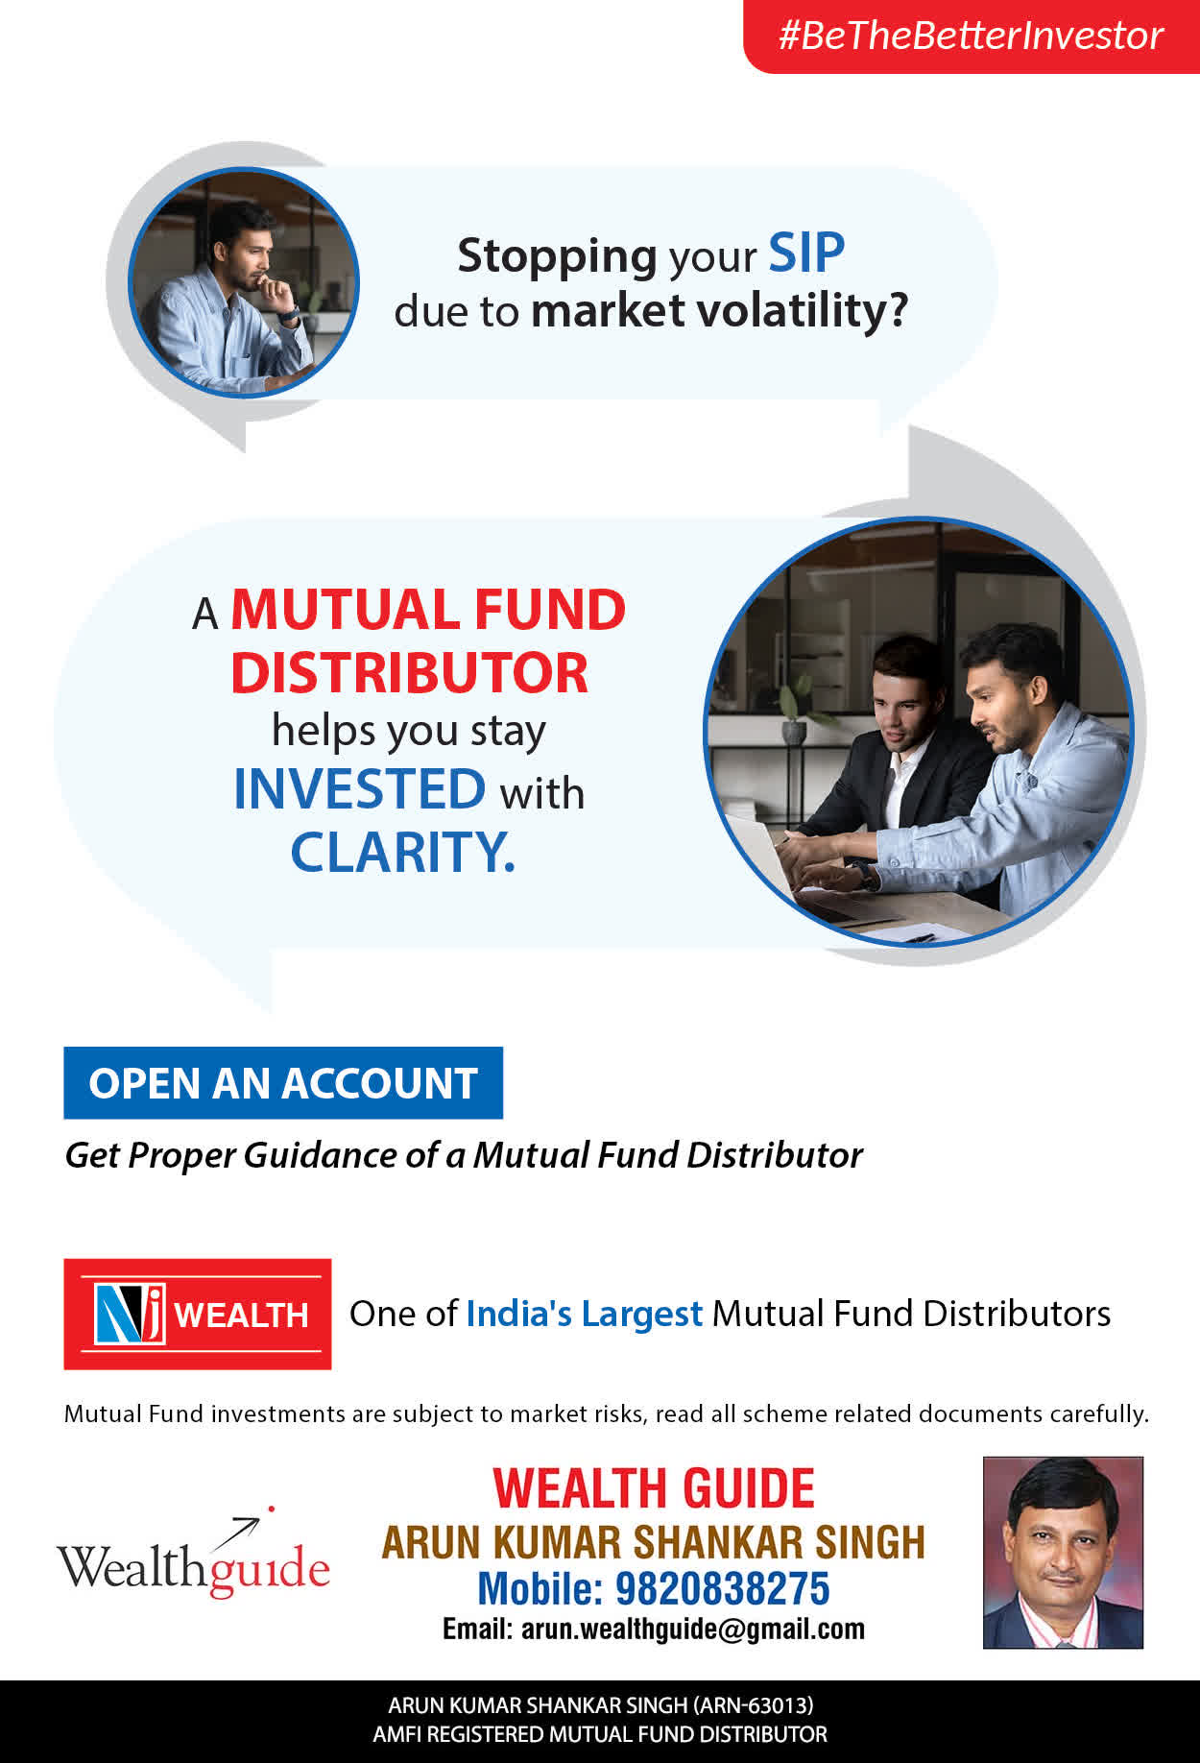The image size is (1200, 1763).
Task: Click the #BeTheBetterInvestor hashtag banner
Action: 972,36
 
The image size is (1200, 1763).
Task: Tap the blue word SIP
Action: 806,254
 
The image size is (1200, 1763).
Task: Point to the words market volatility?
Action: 719,310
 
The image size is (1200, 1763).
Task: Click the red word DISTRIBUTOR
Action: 409,672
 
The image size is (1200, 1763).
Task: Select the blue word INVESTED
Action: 360,789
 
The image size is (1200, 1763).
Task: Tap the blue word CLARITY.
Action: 402,852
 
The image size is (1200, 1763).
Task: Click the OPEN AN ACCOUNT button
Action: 283,1083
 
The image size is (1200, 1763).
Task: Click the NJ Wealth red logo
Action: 198,1314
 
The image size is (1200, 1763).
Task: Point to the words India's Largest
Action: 585,1314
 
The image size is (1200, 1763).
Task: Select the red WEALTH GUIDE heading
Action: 654,1488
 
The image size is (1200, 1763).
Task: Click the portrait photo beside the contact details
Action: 1063,1553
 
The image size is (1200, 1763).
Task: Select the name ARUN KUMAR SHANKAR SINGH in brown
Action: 654,1542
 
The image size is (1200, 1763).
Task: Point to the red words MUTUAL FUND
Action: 428,610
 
